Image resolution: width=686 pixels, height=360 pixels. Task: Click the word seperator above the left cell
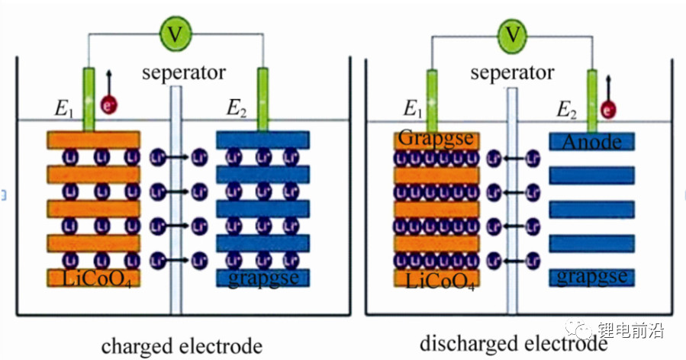[x=184, y=73]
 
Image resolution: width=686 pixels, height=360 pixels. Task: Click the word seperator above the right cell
[x=512, y=73]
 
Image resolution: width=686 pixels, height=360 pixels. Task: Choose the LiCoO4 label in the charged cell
[x=93, y=278]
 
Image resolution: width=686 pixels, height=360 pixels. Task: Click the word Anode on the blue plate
[x=591, y=141]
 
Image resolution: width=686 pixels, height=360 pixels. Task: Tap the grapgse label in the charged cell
[x=262, y=278]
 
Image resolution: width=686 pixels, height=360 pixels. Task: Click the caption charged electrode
[x=182, y=345]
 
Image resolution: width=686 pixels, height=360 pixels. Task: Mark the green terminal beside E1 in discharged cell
[x=433, y=99]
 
